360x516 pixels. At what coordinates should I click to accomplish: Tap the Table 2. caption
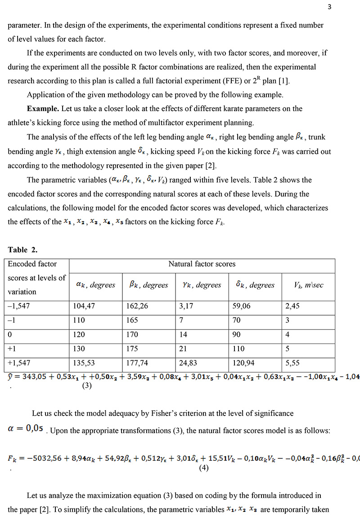(x=21, y=250)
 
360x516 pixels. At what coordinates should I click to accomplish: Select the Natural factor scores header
(x=202, y=264)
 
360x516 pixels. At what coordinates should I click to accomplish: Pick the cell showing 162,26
(x=137, y=306)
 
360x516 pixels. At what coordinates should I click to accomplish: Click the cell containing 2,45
(x=292, y=306)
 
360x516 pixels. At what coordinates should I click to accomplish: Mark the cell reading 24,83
(x=189, y=363)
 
